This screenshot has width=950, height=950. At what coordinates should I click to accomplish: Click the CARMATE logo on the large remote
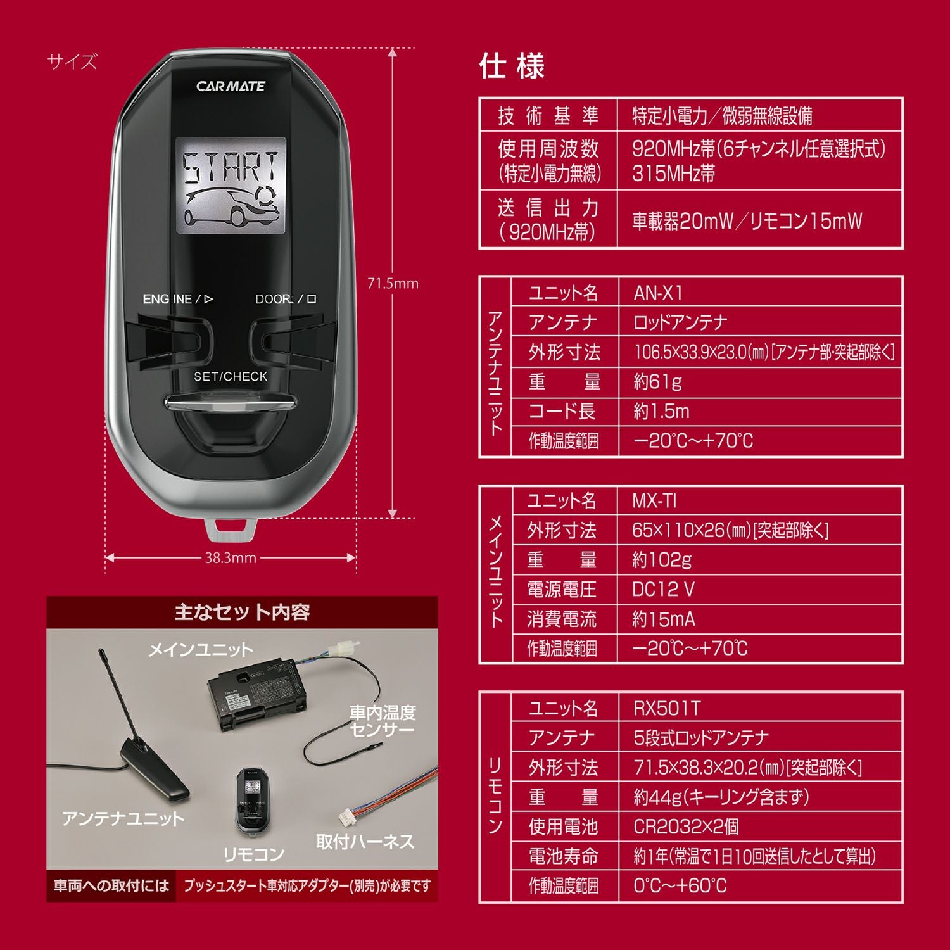coord(231,86)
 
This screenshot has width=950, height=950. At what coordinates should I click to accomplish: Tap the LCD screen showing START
coord(231,185)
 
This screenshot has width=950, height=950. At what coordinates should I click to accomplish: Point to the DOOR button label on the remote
coord(285,299)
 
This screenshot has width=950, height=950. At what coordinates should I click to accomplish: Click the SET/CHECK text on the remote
coord(231,376)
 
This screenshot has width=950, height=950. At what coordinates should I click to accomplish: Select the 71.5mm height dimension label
coord(393,284)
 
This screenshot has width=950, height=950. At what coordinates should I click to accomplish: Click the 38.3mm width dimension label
coord(231,558)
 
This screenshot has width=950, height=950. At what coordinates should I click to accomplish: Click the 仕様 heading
coord(512,66)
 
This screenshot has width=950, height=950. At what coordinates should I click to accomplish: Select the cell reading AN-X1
coord(659,293)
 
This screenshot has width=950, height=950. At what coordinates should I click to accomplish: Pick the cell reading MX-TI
coord(654,501)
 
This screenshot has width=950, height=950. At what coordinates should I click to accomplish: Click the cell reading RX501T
coord(667,708)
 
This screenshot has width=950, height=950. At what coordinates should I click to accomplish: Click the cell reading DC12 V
coord(663,590)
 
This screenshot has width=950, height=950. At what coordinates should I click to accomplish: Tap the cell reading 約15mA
coord(663,619)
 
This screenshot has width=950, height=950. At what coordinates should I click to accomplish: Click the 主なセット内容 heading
coord(242,612)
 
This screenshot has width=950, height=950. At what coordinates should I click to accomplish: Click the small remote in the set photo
coord(253,802)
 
